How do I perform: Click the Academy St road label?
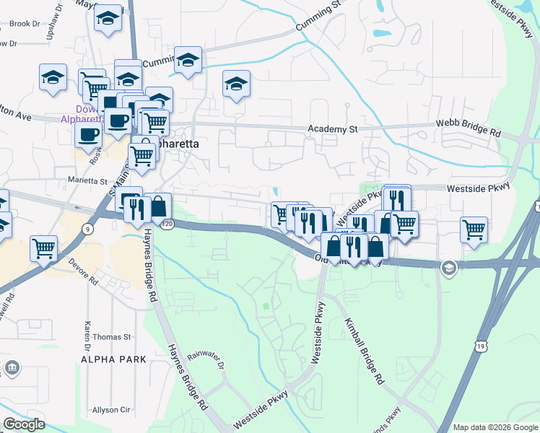[333, 129]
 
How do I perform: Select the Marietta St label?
[87, 181]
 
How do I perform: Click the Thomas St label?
[112, 336]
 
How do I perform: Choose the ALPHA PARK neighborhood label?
[113, 359]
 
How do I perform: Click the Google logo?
[24, 424]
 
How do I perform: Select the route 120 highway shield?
[168, 225]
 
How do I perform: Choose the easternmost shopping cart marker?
[474, 230]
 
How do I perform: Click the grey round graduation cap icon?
[448, 268]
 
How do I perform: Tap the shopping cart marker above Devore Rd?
[44, 248]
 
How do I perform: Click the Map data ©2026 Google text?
[495, 427]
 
